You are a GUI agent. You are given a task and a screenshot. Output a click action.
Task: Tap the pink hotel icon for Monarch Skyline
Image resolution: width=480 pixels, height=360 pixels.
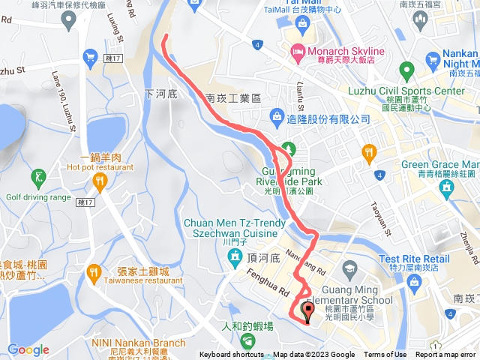[298, 51]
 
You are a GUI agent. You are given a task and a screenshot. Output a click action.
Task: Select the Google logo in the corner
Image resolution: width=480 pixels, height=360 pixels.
[28, 349]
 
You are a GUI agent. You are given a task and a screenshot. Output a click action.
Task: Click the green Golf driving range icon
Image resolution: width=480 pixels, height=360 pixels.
[37, 177]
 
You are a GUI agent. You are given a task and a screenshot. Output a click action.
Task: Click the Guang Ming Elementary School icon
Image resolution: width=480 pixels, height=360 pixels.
[351, 268]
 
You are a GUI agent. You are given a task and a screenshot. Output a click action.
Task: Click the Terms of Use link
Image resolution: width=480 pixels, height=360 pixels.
[385, 355]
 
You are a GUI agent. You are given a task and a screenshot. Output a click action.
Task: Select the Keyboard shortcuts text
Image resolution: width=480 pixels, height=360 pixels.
[231, 355]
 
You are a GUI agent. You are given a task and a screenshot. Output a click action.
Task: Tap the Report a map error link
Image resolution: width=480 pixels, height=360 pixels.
[447, 355]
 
